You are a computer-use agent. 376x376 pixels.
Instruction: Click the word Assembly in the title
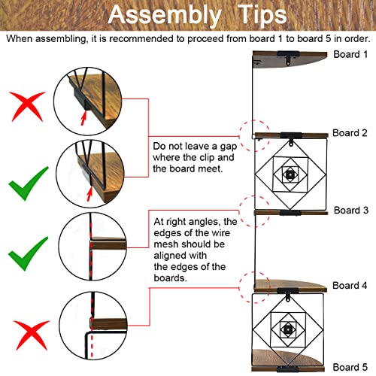pyautogui.click(x=165, y=16)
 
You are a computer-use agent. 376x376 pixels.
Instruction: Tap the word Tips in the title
pyautogui.click(x=262, y=15)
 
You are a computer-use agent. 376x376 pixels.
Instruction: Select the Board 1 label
pyautogui.click(x=350, y=54)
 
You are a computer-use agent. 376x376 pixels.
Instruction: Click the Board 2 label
pyautogui.click(x=350, y=133)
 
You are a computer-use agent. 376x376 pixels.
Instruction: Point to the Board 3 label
pyautogui.click(x=351, y=210)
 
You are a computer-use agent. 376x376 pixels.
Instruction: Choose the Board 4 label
pyautogui.click(x=350, y=285)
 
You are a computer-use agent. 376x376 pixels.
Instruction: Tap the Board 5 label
pyautogui.click(x=350, y=367)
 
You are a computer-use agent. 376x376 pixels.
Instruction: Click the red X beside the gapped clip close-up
pyautogui.click(x=27, y=107)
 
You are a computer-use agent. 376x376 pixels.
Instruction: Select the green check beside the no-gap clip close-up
pyautogui.click(x=28, y=183)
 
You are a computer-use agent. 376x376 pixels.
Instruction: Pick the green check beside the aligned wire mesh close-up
pyautogui.click(x=28, y=253)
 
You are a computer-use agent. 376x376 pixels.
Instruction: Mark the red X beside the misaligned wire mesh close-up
pyautogui.click(x=32, y=335)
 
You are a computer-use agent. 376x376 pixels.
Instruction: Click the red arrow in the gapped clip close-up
pyautogui.click(x=83, y=118)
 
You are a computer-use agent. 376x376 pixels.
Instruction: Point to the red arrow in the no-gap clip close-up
pyautogui.click(x=89, y=193)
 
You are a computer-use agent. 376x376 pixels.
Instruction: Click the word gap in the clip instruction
pyautogui.click(x=229, y=147)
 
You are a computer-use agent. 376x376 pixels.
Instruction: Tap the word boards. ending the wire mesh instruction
pyautogui.click(x=170, y=277)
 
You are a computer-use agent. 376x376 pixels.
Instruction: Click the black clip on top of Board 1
pyautogui.click(x=288, y=57)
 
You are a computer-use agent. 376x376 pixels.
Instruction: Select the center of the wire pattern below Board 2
pyautogui.click(x=290, y=174)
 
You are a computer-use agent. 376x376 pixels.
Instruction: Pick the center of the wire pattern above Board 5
pyautogui.click(x=287, y=329)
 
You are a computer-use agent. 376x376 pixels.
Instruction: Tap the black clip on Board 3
pyautogui.click(x=290, y=213)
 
